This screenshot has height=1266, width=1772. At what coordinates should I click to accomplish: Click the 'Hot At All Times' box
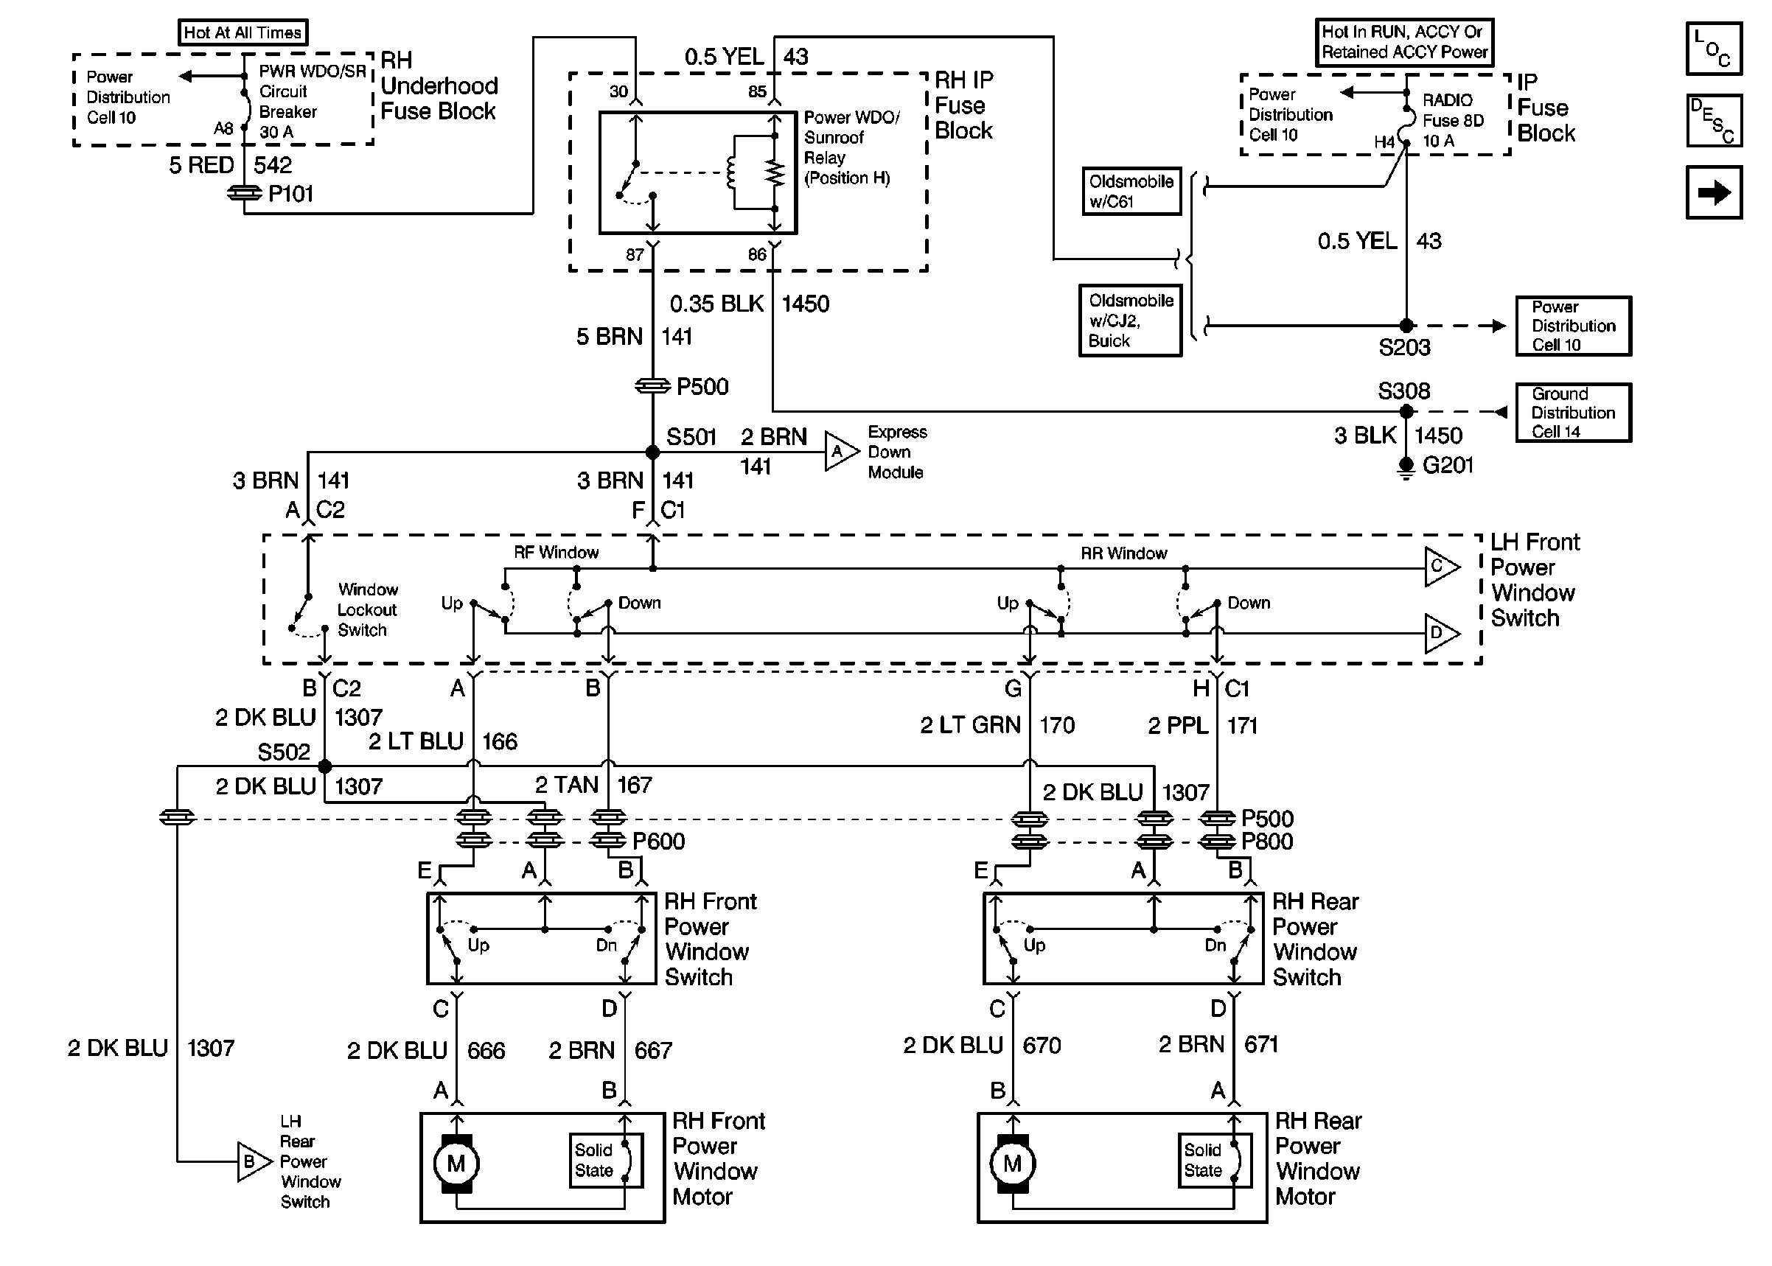pos(243,32)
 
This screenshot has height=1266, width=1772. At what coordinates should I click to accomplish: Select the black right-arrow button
pos(1714,192)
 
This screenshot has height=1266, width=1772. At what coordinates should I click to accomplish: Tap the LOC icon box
pos(1714,49)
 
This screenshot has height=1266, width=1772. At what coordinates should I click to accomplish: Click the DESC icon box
pos(1714,121)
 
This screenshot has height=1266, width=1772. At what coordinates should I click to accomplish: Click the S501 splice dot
pos(652,452)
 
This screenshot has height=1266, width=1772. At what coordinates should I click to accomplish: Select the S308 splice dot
pos(1406,412)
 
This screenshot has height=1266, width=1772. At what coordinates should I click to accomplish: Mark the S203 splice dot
pos(1406,326)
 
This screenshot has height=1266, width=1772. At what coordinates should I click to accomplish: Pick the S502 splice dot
pos(325,767)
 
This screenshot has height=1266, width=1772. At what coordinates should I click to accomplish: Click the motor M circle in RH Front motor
pos(456,1164)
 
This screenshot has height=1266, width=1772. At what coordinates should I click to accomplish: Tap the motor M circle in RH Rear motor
pos(1012,1164)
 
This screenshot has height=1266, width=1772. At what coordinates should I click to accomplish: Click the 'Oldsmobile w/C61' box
pos(1131,191)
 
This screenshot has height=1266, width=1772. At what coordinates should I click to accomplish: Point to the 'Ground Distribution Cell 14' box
pos(1572,413)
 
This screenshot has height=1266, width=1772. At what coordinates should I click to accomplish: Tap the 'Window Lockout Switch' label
pos(367,609)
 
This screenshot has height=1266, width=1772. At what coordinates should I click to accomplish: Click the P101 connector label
pos(290,193)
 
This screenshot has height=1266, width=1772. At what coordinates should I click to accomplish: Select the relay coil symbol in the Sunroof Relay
pos(731,172)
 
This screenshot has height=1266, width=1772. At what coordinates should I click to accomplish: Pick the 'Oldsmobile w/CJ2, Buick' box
pos(1131,321)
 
